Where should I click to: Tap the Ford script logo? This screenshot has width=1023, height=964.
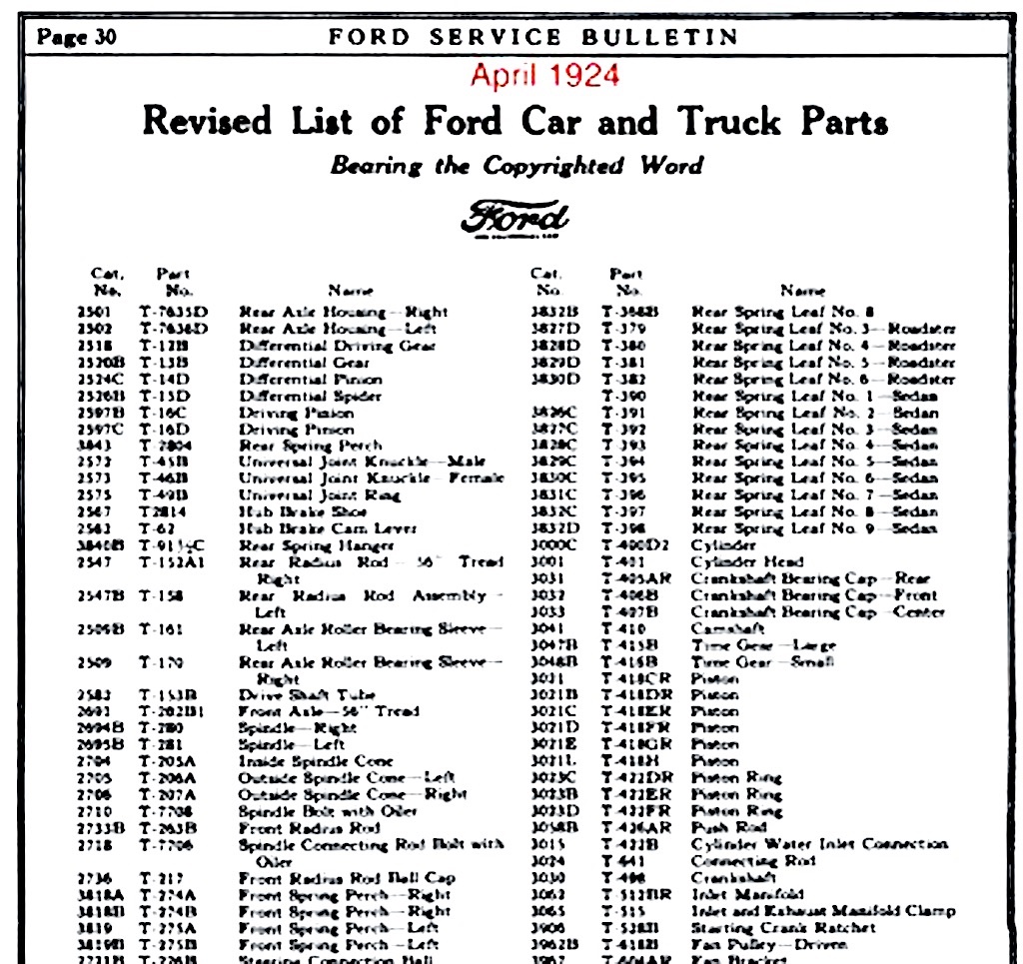[x=515, y=218]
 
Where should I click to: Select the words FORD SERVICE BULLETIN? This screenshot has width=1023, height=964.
[x=533, y=38]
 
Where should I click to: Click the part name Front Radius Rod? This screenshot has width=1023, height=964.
[x=309, y=828]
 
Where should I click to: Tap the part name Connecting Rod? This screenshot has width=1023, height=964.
[x=740, y=861]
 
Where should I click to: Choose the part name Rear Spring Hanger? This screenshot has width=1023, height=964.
[x=316, y=545]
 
